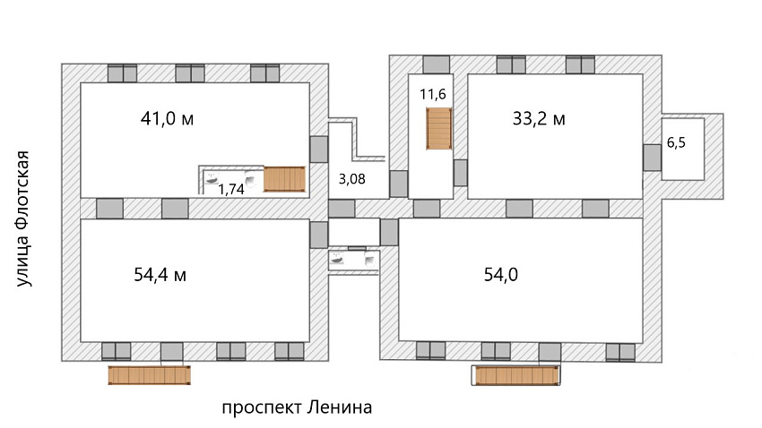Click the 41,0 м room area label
(167, 118)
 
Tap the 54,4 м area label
(160, 275)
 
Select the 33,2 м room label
(539, 118)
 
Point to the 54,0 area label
(501, 275)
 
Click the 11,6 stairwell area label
(433, 94)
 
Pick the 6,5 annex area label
(676, 142)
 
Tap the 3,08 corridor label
(351, 179)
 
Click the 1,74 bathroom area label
(230, 189)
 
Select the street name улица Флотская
(22, 218)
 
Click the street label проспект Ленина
(297, 407)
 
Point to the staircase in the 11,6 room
(439, 129)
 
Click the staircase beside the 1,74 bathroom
(285, 179)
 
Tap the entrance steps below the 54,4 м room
(149, 375)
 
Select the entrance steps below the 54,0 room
(516, 375)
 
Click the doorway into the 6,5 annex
(652, 158)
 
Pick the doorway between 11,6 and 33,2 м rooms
(460, 173)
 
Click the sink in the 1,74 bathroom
(212, 178)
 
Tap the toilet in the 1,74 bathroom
(251, 179)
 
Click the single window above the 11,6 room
(437, 64)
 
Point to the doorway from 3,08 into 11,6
(399, 184)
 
